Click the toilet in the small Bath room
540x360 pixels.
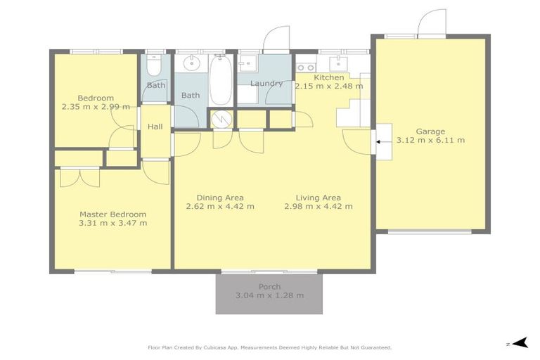[155, 65]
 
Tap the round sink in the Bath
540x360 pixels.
[190, 65]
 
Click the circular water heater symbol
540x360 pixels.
[221, 119]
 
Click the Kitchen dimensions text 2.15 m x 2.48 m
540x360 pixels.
[329, 86]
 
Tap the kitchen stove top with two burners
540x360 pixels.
[306, 67]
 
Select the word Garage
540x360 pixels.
[430, 131]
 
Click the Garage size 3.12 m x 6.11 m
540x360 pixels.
[430, 141]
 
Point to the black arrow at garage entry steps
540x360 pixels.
[378, 141]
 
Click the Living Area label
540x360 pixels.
[318, 198]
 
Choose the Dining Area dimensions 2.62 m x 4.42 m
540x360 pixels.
[219, 207]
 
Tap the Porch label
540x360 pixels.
[269, 286]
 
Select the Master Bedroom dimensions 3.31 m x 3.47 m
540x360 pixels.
[112, 224]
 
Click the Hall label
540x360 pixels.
[155, 127]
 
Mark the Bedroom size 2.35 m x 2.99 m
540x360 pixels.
[96, 107]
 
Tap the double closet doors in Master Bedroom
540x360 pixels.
[79, 177]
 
